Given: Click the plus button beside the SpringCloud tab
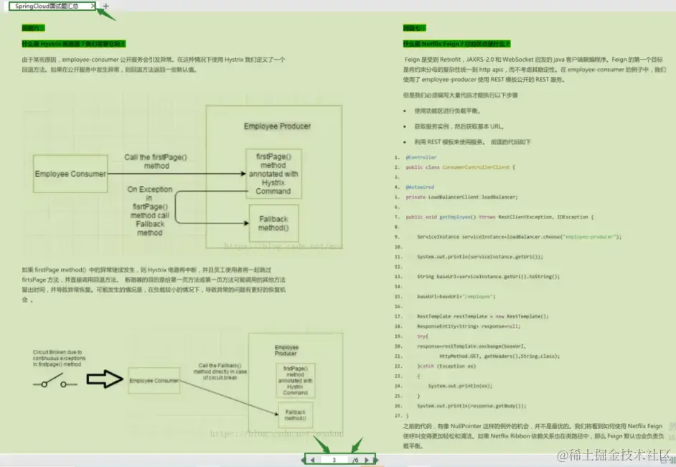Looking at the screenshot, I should click(x=106, y=6).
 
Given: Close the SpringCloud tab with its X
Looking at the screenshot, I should click(x=93, y=6).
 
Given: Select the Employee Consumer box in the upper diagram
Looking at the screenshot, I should click(x=70, y=173).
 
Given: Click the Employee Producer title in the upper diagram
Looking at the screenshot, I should click(x=277, y=126).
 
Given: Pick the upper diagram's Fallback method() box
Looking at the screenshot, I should click(x=273, y=223).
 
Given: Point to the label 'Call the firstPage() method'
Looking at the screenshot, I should click(x=156, y=161).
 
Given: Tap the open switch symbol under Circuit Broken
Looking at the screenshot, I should click(x=54, y=384).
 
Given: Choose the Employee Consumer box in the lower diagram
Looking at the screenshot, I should click(x=154, y=380).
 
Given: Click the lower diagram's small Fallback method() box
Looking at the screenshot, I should click(x=294, y=415).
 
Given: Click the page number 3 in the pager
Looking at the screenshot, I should click(x=334, y=460).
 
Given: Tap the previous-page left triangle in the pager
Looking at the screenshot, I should click(x=312, y=460).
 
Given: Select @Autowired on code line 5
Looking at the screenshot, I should click(x=420, y=187).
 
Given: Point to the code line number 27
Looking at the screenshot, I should click(x=398, y=415).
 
